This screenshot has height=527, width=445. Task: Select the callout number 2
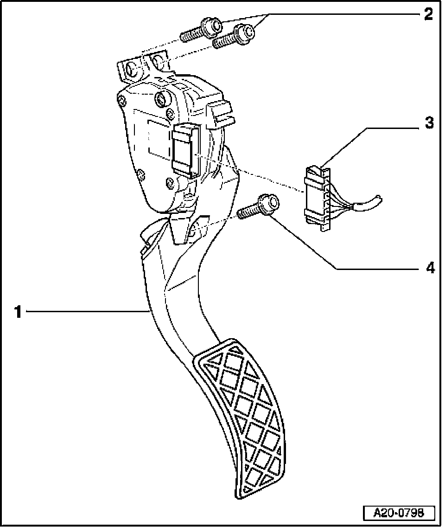(x=428, y=14)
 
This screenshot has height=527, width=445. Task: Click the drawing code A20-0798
(x=398, y=513)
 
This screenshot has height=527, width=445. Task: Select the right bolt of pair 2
(x=235, y=37)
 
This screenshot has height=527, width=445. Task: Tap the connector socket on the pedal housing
(x=185, y=150)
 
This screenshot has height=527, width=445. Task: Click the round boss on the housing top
(x=162, y=98)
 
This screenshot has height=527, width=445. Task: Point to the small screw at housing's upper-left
(x=121, y=101)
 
